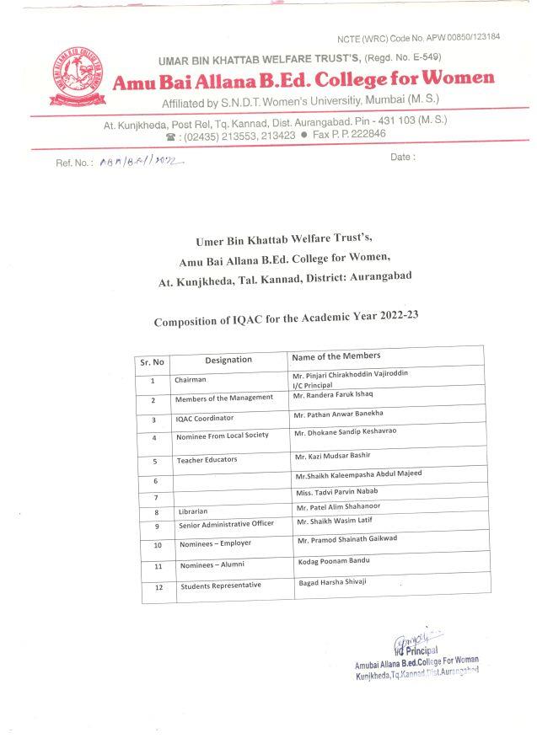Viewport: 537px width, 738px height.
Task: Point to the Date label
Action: (403, 158)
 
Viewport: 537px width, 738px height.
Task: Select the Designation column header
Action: (228, 360)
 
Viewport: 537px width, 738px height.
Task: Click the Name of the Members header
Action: (336, 356)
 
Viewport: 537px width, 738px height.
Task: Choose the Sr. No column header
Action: (152, 361)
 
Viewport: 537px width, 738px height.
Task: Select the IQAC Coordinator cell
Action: (204, 418)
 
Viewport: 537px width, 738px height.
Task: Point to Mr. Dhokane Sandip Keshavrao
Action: (346, 432)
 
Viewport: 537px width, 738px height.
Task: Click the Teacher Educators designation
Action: (207, 460)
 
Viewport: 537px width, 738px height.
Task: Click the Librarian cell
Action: (194, 511)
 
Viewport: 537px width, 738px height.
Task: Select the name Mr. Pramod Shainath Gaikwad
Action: (346, 538)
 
